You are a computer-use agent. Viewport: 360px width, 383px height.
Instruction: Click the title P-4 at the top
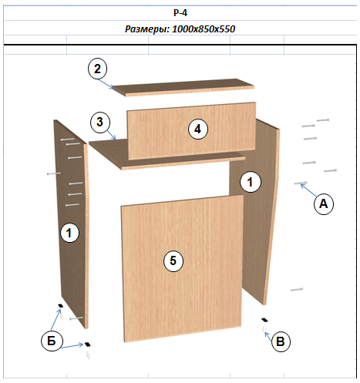coord(180,12)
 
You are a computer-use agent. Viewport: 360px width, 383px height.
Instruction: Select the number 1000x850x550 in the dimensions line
coord(204,29)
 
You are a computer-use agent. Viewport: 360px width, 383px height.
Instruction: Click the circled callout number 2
coord(97,69)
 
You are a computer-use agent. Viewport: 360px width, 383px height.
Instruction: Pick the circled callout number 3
coord(100,122)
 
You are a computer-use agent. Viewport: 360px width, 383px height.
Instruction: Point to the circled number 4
coord(197,129)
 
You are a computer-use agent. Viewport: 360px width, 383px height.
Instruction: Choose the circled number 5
coord(173,261)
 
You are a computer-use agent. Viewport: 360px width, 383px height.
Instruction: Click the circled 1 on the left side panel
coord(69,233)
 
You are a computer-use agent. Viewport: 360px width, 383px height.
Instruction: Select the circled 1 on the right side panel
coord(251,182)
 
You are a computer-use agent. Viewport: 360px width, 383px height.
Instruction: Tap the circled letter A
coord(324,204)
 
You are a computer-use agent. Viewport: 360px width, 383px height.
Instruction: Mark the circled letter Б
coord(52,341)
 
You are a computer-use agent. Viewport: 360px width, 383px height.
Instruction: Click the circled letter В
coord(281,342)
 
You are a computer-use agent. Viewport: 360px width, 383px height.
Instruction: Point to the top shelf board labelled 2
coord(183,87)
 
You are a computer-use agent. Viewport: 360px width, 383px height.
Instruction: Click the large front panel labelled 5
coord(182,268)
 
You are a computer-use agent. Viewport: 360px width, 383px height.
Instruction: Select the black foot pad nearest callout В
coord(264,320)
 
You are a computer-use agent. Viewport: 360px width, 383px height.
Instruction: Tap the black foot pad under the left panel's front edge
coord(87,344)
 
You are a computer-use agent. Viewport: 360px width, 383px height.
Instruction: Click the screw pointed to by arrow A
coord(301,183)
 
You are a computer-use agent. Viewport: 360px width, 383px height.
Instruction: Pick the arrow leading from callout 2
coord(106,84)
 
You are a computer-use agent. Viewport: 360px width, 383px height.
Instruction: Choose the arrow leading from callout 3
coord(111,135)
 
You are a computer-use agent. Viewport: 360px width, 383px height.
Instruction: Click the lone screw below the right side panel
coord(297,290)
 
